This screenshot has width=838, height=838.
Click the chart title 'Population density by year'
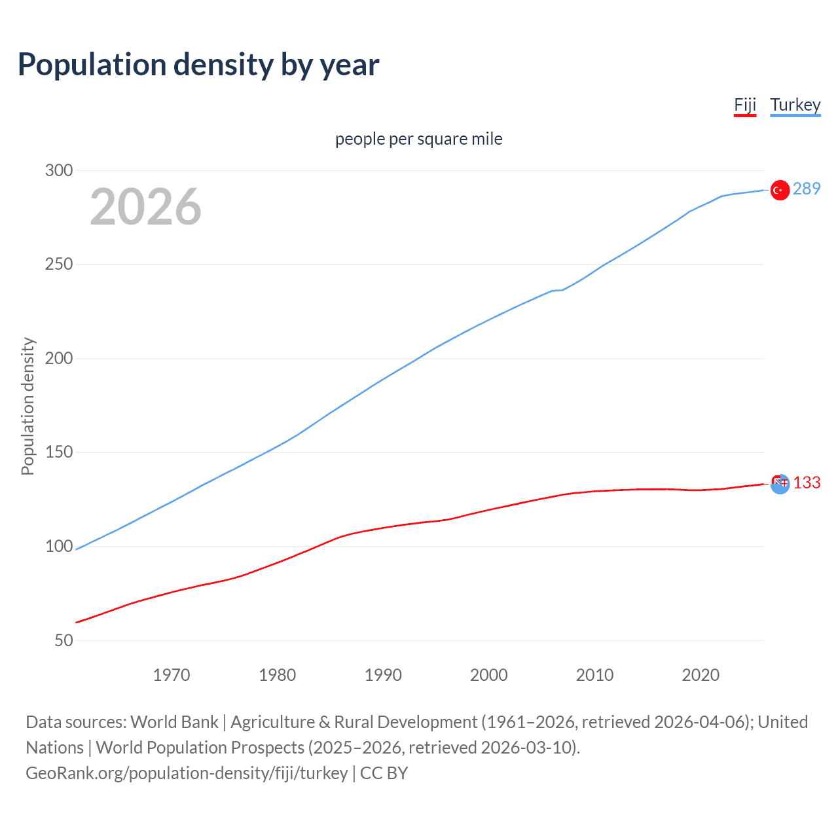click(198, 64)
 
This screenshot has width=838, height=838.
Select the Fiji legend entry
click(745, 105)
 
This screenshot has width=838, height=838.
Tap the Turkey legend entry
click(795, 105)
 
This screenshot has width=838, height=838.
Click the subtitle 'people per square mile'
click(419, 139)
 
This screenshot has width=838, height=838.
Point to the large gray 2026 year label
click(145, 207)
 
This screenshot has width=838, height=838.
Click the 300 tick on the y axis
click(59, 170)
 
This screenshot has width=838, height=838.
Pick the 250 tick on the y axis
click(59, 264)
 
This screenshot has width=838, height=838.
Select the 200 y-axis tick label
click(59, 358)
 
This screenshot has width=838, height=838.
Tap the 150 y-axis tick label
click(59, 452)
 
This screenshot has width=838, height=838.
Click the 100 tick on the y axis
click(59, 546)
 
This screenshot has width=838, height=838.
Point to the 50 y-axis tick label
click(64, 640)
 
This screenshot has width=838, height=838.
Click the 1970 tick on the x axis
click(172, 675)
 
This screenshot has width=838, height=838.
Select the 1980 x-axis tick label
click(278, 675)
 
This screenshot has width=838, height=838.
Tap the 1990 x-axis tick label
click(383, 675)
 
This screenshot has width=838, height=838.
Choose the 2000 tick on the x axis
click(489, 675)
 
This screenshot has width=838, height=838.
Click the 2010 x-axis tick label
click(594, 675)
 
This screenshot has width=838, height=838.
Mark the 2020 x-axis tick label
click(701, 675)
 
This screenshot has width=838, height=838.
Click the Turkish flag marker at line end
click(779, 190)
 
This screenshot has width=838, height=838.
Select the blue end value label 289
click(807, 189)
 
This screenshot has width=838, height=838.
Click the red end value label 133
click(807, 483)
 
